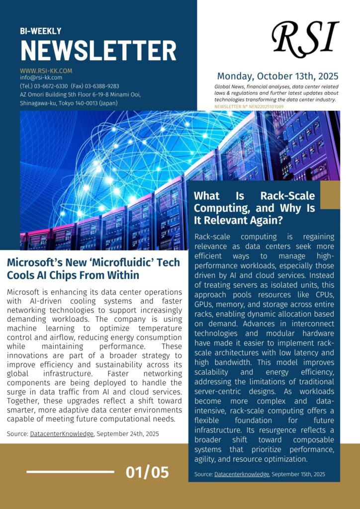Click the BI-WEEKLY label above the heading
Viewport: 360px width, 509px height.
(41, 31)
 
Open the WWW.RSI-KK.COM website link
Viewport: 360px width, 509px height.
(46, 71)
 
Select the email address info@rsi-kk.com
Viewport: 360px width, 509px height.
(41, 78)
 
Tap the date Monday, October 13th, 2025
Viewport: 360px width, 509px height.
(277, 77)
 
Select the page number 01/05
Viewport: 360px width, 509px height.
(148, 472)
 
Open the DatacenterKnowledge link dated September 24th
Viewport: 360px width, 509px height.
(62, 434)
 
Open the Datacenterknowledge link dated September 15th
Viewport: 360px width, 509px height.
(242, 474)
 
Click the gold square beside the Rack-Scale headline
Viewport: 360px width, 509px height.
(330, 194)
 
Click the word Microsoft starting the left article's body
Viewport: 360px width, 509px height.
(24, 292)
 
